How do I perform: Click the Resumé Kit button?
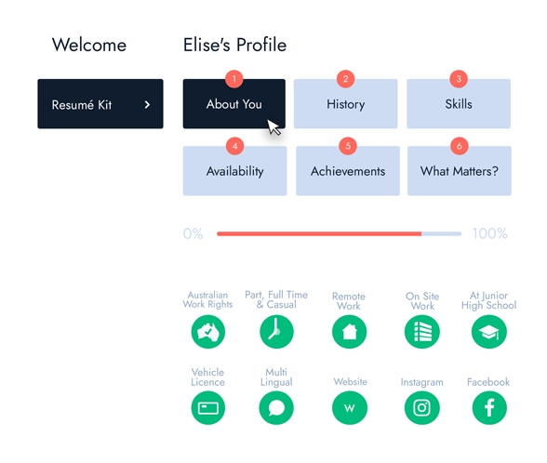point(100,104)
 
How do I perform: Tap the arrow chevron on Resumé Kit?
point(147,104)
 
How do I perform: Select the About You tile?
point(234,104)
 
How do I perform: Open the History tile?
point(345,104)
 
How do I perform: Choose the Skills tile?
point(459,104)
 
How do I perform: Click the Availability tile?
point(234,171)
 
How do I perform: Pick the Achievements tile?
point(348,171)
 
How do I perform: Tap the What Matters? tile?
point(460,171)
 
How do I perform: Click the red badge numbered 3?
point(459,79)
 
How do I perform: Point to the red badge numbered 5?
point(348,146)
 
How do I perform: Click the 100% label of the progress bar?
point(489,233)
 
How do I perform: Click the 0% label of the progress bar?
point(193,233)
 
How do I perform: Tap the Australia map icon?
point(208,332)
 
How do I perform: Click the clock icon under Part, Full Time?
point(276,332)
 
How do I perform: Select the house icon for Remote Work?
point(349,332)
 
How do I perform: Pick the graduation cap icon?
point(489,332)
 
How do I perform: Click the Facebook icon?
point(489,408)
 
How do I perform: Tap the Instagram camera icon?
point(421,408)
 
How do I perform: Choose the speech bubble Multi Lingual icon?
point(276,408)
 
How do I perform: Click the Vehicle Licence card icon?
point(208,408)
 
